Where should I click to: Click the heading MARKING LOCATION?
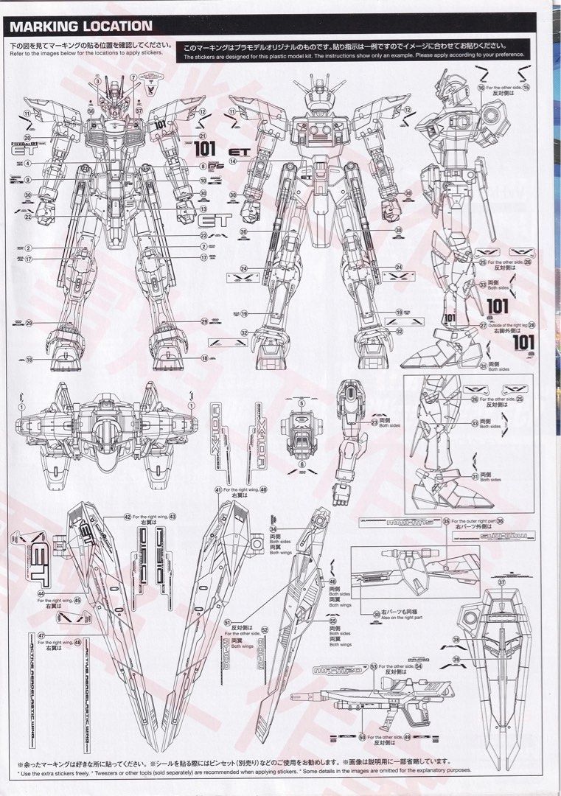[x=81, y=27]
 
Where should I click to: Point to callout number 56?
[x=91, y=111]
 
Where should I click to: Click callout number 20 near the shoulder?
[x=27, y=137]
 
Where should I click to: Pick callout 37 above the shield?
[x=501, y=582]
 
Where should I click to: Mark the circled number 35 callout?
[x=446, y=521]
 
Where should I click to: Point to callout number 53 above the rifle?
[x=374, y=666]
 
